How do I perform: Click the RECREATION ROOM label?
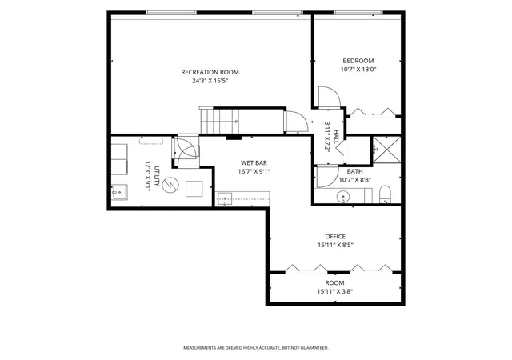(x=210, y=72)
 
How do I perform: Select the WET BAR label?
(x=254, y=163)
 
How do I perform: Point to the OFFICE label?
(x=335, y=237)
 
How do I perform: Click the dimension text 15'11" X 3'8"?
(x=335, y=291)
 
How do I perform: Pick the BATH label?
(x=354, y=171)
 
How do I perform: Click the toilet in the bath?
(x=386, y=194)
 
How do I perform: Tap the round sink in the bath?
(x=343, y=197)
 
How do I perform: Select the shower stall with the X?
(x=386, y=150)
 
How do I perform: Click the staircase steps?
(x=219, y=121)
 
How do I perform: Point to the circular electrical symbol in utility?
(x=170, y=185)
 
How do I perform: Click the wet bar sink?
(x=225, y=198)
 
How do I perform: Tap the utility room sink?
(x=119, y=192)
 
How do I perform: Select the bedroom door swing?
(x=329, y=97)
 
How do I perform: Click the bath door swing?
(x=327, y=177)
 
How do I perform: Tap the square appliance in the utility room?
(x=194, y=189)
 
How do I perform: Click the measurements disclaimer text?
(x=256, y=348)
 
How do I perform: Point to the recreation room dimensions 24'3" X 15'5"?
(x=210, y=81)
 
